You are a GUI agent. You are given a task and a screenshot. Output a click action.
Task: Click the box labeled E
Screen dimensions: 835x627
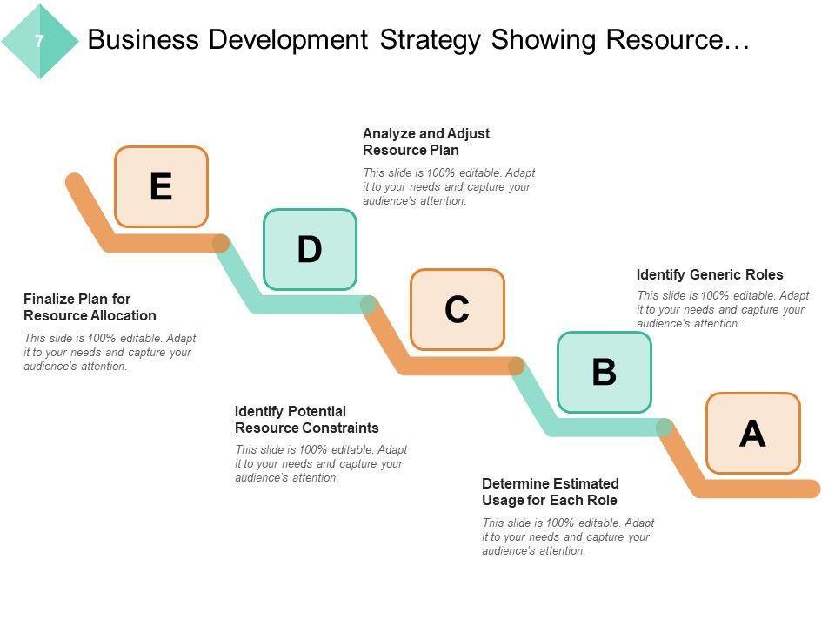coord(162,186)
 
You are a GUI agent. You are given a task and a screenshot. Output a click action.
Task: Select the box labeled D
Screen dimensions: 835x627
coord(310,249)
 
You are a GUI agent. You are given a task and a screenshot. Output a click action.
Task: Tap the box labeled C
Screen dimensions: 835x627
coord(458,309)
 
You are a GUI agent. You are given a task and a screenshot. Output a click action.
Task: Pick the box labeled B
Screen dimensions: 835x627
coord(605,372)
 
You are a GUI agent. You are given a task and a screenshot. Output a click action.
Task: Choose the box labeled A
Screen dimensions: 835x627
coord(752,433)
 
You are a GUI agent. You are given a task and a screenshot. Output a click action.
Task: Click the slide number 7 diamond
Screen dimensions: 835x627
coord(40,41)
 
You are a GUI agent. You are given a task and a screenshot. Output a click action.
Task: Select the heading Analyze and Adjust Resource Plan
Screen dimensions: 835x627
coord(426,142)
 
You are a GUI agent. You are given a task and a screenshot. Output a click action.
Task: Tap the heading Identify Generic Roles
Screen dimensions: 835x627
coord(710,274)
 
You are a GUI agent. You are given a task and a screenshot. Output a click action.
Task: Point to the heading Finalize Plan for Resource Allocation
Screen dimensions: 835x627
coord(90,307)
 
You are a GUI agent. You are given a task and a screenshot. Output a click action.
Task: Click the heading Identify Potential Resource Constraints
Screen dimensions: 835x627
coord(307,420)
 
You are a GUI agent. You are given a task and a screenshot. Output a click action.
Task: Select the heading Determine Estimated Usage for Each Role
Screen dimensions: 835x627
coord(551,492)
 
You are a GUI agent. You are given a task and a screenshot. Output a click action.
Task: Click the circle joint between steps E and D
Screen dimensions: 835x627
coord(221,243)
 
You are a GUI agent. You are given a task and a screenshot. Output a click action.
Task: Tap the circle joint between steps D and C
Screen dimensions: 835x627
coord(368,305)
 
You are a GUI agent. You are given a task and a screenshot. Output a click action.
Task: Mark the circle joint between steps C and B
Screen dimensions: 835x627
coord(516,366)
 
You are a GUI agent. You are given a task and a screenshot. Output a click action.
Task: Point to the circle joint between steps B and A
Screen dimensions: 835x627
coord(664,428)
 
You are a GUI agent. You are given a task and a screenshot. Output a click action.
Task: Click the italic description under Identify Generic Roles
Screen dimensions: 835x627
coord(723,309)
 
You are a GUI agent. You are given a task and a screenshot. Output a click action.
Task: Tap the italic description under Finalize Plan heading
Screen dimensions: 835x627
coord(110,352)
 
